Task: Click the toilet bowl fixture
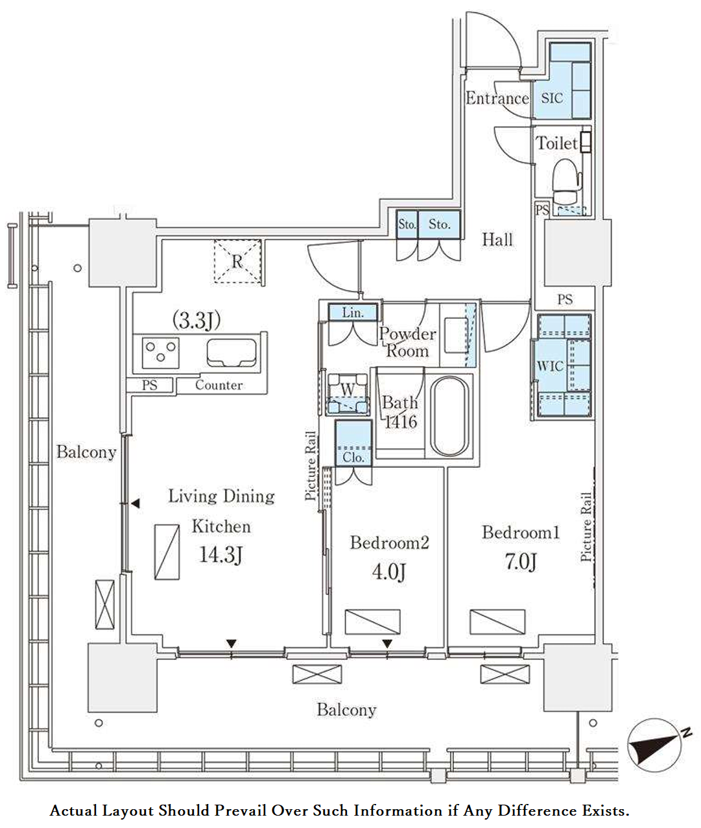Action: coord(567,182)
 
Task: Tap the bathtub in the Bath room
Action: coord(449,416)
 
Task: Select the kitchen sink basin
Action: coord(232,353)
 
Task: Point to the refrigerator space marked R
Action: coord(237,262)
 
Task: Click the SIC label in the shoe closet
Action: coord(552,98)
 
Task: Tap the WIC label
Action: coord(551,366)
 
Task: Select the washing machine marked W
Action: coord(348,394)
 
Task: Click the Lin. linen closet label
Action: coord(353,313)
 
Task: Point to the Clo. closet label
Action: coord(353,457)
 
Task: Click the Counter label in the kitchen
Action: coord(219,385)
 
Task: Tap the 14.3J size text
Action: coord(221,555)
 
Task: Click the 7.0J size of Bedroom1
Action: coord(521,561)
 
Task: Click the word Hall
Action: coord(497,240)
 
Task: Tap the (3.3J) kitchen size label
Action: coord(196,320)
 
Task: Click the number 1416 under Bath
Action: coord(401,421)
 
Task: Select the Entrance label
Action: coord(497,99)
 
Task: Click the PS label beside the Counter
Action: coord(149,385)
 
